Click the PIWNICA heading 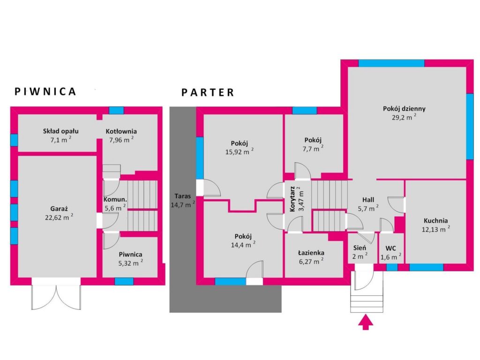click(x=45, y=91)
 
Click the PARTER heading click(x=208, y=92)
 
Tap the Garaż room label click(x=59, y=209)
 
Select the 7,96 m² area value click(x=121, y=140)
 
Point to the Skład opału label click(x=60, y=131)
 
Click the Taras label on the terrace click(x=183, y=196)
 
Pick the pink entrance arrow click(x=366, y=322)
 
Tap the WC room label click(x=390, y=248)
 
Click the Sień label click(x=360, y=247)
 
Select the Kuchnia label click(x=435, y=220)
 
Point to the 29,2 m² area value click(x=404, y=117)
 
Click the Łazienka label click(x=311, y=253)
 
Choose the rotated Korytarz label click(x=292, y=199)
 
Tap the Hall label click(x=368, y=200)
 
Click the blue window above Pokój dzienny click(x=391, y=63)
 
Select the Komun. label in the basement click(x=115, y=200)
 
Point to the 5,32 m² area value click(x=131, y=263)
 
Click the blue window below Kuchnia click(x=427, y=267)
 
